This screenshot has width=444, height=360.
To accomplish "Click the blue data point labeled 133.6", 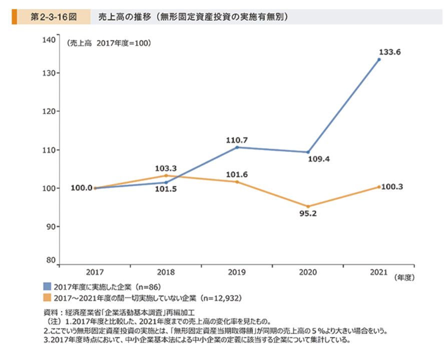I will [379, 59].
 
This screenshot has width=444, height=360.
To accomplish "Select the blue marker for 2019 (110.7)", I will [237, 147].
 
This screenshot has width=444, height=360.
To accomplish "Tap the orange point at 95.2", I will [308, 206].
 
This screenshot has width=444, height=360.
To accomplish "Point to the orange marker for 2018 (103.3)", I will [166, 175].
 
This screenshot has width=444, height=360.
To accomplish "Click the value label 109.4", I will [319, 159].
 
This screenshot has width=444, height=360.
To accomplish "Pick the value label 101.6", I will [237, 174].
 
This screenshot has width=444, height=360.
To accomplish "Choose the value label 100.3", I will [392, 187].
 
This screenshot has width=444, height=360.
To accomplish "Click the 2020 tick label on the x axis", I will [308, 272].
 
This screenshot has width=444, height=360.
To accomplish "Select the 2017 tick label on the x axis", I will [95, 272].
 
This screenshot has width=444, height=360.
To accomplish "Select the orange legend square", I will [48, 298].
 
